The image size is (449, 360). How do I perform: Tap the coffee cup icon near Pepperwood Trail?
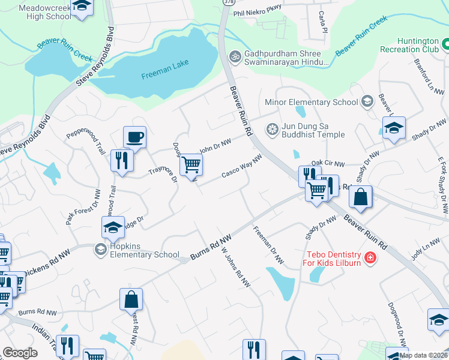[x=134, y=137]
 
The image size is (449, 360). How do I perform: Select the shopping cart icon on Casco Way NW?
[x=191, y=163]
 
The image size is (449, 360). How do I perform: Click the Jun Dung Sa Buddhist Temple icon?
[x=272, y=129]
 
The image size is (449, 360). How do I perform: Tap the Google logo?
[x=20, y=353]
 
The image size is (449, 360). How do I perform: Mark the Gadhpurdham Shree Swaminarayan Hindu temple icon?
[x=235, y=57]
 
